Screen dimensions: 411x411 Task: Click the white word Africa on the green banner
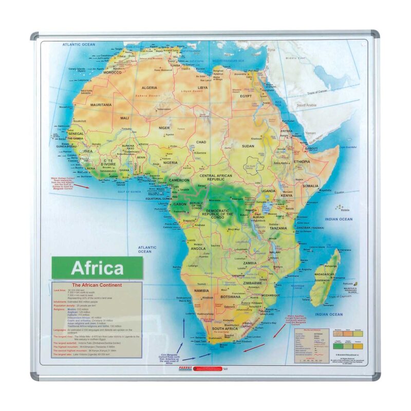tap(97, 268)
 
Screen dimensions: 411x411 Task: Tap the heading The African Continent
tap(97, 285)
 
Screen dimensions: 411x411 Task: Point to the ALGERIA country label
tap(149, 88)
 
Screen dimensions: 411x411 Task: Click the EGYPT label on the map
tap(246, 96)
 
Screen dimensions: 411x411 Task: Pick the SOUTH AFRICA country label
tap(224, 328)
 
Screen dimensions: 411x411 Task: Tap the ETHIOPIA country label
tap(302, 161)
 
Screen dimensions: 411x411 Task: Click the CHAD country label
tap(201, 142)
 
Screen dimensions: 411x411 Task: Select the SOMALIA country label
tap(310, 185)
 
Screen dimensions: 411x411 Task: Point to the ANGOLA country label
tap(198, 248)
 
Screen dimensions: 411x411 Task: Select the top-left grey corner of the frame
tap(34, 36)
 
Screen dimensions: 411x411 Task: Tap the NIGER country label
tap(164, 127)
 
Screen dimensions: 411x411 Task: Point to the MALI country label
tap(124, 118)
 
